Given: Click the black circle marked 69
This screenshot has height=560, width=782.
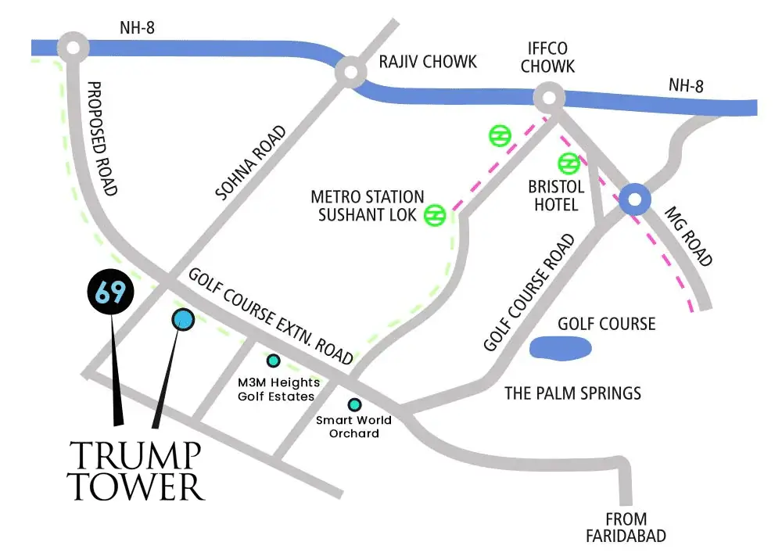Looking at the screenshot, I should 110,292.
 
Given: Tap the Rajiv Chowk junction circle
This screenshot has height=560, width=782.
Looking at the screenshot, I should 350,74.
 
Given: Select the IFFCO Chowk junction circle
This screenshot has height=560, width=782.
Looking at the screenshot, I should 549,99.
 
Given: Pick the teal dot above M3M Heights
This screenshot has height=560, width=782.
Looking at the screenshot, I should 274,361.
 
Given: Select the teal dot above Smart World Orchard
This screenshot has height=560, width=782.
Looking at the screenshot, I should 354,404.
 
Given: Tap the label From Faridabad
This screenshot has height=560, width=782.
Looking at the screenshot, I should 626,527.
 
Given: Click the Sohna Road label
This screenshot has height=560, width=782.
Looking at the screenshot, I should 253,162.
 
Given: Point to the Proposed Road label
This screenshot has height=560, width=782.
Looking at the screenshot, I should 102,138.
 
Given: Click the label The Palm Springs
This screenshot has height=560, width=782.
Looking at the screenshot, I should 572,393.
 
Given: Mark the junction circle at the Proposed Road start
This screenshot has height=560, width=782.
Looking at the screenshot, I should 74,48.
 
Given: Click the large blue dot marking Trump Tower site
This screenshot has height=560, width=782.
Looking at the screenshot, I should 183,319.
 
